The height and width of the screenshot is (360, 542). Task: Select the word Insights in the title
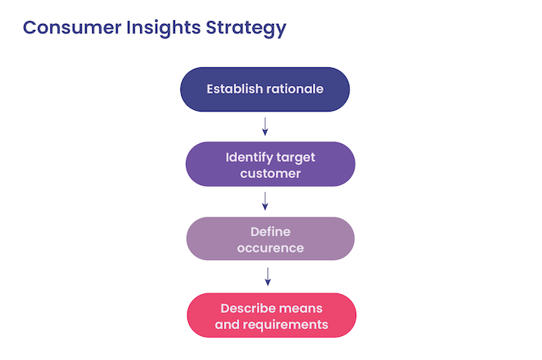click(163, 28)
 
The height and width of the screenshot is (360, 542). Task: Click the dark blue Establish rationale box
click(265, 89)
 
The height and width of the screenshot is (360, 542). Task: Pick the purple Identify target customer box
click(270, 164)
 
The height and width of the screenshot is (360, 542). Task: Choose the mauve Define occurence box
click(270, 239)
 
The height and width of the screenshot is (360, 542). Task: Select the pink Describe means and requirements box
click(271, 315)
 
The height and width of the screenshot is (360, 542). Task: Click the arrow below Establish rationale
click(265, 126)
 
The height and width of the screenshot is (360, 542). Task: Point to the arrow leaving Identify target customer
click(266, 201)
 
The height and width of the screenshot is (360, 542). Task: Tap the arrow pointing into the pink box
click(268, 276)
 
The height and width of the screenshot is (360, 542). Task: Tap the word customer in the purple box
click(270, 173)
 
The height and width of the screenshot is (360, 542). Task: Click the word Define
click(270, 231)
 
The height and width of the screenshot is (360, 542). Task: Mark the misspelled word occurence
click(270, 249)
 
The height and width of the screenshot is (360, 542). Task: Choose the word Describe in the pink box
click(249, 307)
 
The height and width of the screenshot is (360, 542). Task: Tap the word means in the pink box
click(303, 307)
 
